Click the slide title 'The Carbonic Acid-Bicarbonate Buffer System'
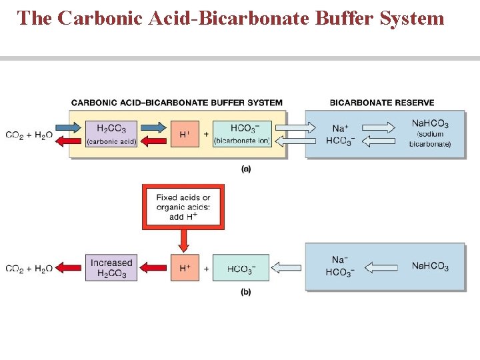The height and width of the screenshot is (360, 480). click(231, 18)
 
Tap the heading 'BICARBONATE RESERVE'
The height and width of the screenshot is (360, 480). click(382, 103)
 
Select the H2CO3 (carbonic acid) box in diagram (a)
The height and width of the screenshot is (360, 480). click(111, 134)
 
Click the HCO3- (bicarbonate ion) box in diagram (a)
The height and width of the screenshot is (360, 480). click(241, 134)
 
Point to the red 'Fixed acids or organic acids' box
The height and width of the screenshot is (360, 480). click(183, 207)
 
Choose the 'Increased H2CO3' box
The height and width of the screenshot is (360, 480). click(111, 268)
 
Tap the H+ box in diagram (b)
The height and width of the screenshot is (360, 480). click(185, 268)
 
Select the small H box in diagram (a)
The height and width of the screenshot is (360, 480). click(185, 134)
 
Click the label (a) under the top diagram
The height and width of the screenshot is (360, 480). click(246, 169)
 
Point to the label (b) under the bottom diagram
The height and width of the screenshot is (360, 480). click(246, 292)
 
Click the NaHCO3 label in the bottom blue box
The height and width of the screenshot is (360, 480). click(430, 267)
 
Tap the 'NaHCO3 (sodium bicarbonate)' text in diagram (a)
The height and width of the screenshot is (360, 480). click(430, 133)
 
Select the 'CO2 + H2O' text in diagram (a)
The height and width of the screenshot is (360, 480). click(29, 135)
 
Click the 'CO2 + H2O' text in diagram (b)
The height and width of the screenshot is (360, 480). click(29, 269)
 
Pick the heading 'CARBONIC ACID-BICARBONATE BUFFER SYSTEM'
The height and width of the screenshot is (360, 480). click(177, 103)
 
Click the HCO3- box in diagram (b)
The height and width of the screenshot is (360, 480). click(241, 269)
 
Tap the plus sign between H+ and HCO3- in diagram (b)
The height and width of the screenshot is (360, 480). click(206, 268)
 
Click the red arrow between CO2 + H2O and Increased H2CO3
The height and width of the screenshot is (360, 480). click(69, 268)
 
